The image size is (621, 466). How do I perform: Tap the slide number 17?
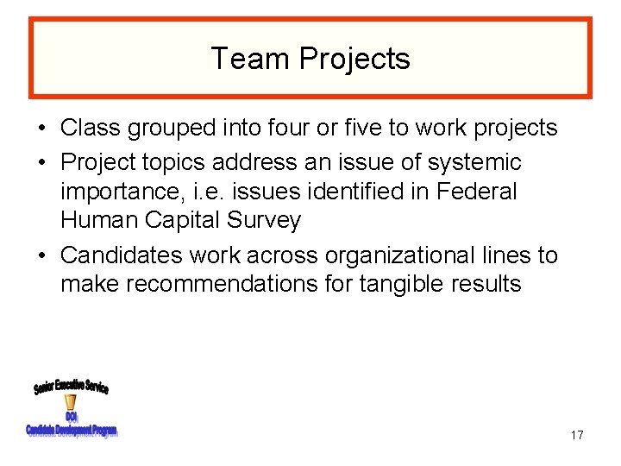coord(576,435)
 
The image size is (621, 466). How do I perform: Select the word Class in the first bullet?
coord(91,129)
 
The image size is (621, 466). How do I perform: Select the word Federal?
coord(476,192)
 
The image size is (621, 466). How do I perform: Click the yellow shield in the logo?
coord(71,402)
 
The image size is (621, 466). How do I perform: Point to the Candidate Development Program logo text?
coord(71,431)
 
